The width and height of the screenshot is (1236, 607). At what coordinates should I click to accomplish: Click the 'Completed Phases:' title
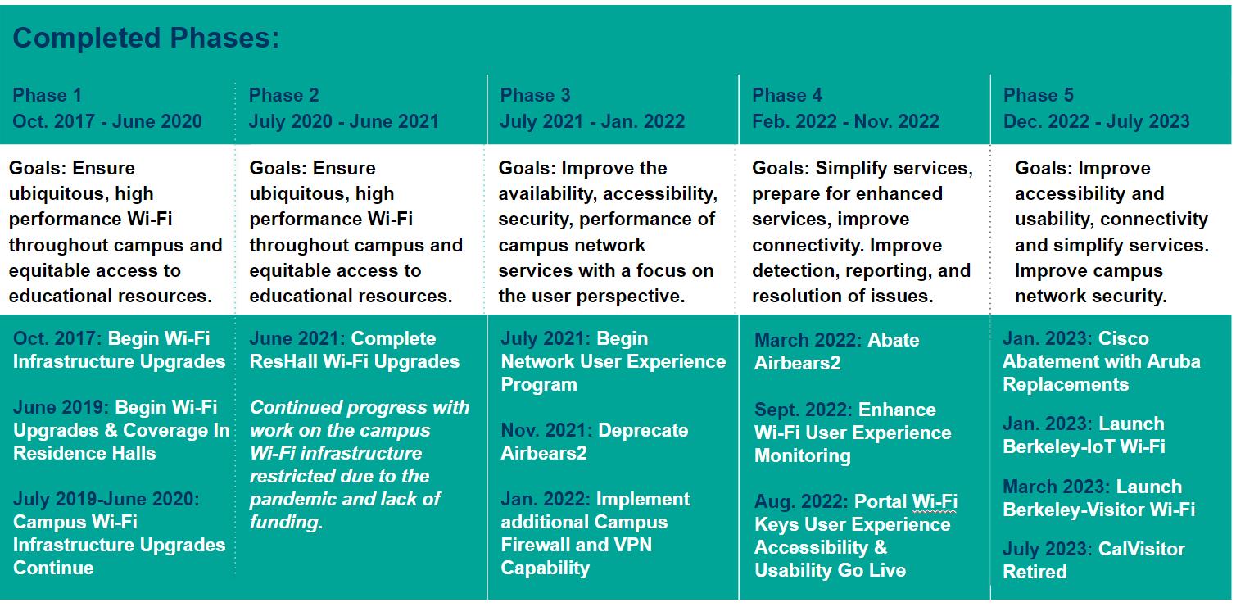[x=146, y=39]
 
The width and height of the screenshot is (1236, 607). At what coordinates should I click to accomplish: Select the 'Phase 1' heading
[x=47, y=95]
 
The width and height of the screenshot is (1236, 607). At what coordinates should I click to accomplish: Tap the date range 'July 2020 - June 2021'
[x=343, y=121]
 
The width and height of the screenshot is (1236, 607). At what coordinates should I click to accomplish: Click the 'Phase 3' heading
[x=535, y=95]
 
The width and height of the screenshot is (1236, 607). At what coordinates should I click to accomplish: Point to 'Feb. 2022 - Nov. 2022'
[x=845, y=121]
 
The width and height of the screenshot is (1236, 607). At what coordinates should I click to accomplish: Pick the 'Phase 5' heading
[x=1038, y=95]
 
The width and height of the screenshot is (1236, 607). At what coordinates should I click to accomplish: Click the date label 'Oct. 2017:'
[x=57, y=338]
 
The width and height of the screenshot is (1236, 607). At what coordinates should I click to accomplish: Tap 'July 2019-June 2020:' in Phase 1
[x=106, y=499]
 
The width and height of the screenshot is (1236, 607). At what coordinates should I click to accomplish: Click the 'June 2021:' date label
[x=297, y=338]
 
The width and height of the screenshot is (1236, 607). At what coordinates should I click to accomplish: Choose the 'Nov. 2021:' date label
[x=546, y=430]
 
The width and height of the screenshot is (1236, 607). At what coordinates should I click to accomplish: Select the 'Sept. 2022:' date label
[x=803, y=410]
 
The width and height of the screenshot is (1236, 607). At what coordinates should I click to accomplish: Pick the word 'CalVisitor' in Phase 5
[x=1141, y=549]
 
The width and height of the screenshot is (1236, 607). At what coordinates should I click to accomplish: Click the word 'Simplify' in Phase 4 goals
[x=850, y=168]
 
